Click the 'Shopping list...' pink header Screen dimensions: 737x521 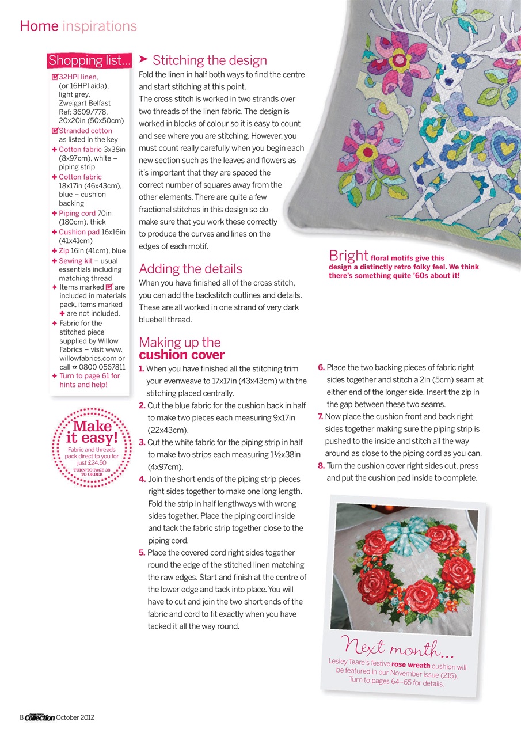coord(89,60)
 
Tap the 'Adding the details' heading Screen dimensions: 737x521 coord(191,269)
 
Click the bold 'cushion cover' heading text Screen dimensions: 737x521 coord(182,355)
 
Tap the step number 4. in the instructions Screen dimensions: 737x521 coord(142,479)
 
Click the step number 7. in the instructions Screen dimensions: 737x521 coord(321,416)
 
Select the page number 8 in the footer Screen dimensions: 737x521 coord(21,717)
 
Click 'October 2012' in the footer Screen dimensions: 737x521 coord(75,717)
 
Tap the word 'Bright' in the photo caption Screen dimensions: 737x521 coord(348,256)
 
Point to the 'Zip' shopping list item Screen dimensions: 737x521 coord(64,250)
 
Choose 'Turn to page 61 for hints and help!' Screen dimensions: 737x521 coord(89,380)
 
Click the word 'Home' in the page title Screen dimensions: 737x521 coord(39,26)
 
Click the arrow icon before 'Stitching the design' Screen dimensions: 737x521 coord(144,59)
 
